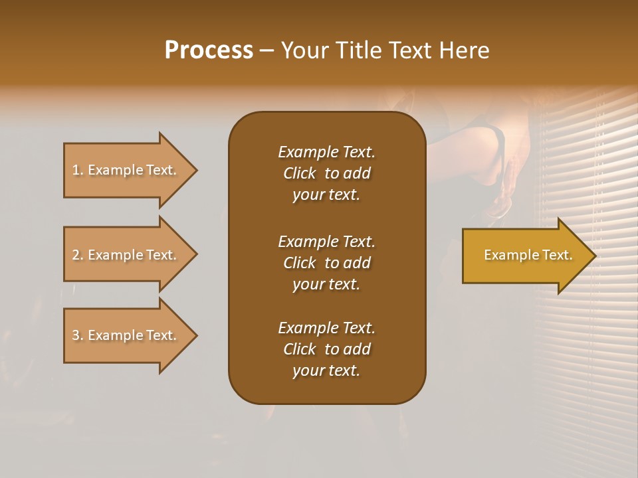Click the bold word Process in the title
(209, 50)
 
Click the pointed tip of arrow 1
(195, 170)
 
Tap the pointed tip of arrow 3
(195, 335)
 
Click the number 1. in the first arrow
(77, 170)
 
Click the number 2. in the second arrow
(77, 255)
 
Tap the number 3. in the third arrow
(77, 335)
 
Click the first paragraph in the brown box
(326, 173)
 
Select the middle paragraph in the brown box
(326, 263)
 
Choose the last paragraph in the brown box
(326, 349)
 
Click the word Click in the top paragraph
(299, 173)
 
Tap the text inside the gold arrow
(528, 255)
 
